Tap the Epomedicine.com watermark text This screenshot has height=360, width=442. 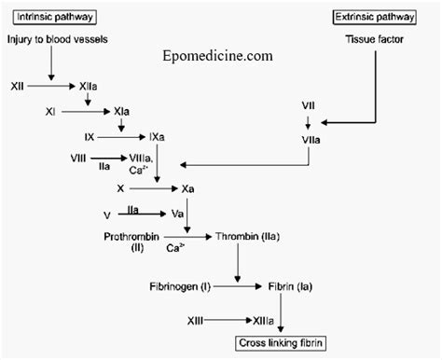[x=215, y=55]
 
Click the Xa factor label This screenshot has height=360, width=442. [x=187, y=188]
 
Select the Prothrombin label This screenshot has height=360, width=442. [x=130, y=237]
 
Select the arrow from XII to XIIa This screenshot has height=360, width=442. [x=51, y=86]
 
